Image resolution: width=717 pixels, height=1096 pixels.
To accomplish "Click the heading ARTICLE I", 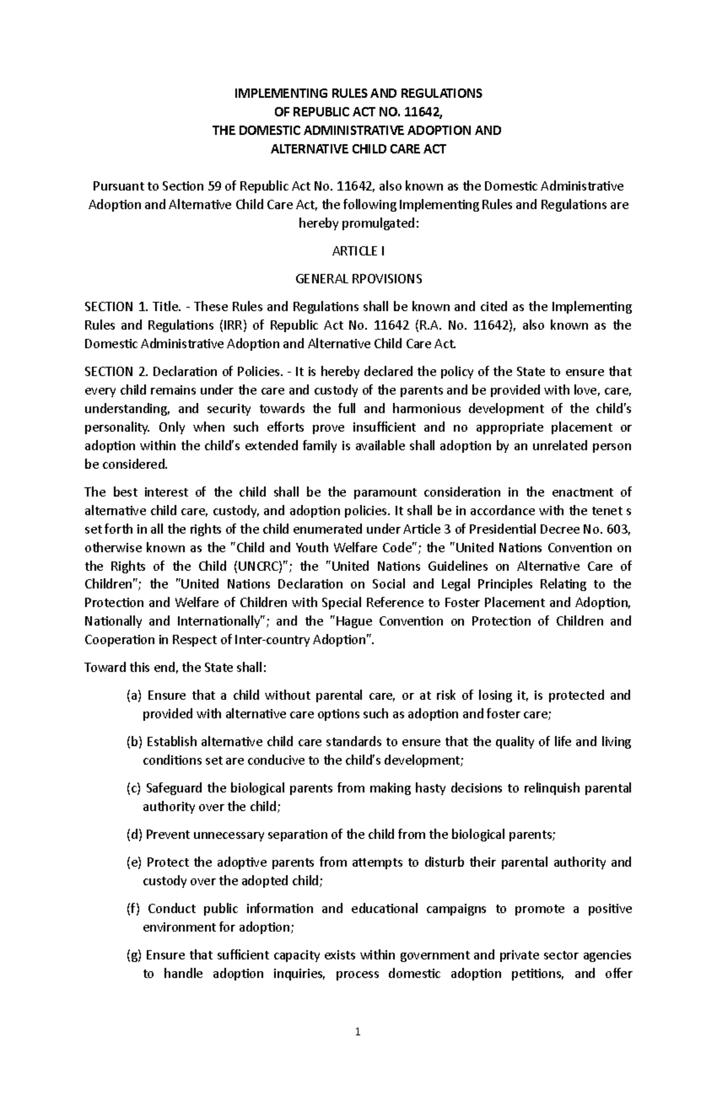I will point(358,251).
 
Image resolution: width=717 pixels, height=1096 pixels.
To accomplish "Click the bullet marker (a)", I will point(134,696).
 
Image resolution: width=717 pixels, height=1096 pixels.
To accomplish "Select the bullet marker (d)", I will point(134,835).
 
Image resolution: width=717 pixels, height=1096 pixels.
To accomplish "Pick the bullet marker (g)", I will point(134,956).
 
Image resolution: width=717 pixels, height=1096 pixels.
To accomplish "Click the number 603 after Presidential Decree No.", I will point(620,529).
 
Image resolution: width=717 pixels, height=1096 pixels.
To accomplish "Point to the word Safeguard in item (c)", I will point(173,788).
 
